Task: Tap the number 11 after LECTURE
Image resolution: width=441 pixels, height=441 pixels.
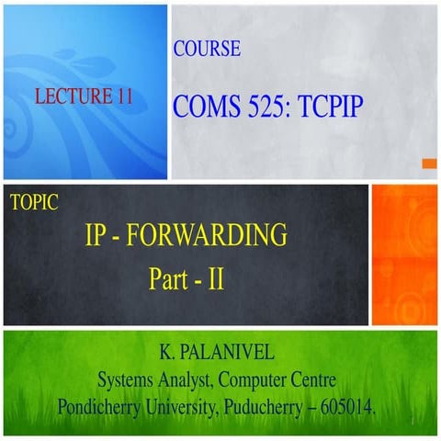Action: coord(126,95)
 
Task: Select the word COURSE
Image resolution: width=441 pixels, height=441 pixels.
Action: coord(207,49)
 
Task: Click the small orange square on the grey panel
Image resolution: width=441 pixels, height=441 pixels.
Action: coord(428,164)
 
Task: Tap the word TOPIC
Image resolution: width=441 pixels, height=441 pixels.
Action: coord(34,203)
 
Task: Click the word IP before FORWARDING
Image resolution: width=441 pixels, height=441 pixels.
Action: coord(97,236)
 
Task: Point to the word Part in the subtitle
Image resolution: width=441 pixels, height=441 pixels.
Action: coord(170,277)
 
